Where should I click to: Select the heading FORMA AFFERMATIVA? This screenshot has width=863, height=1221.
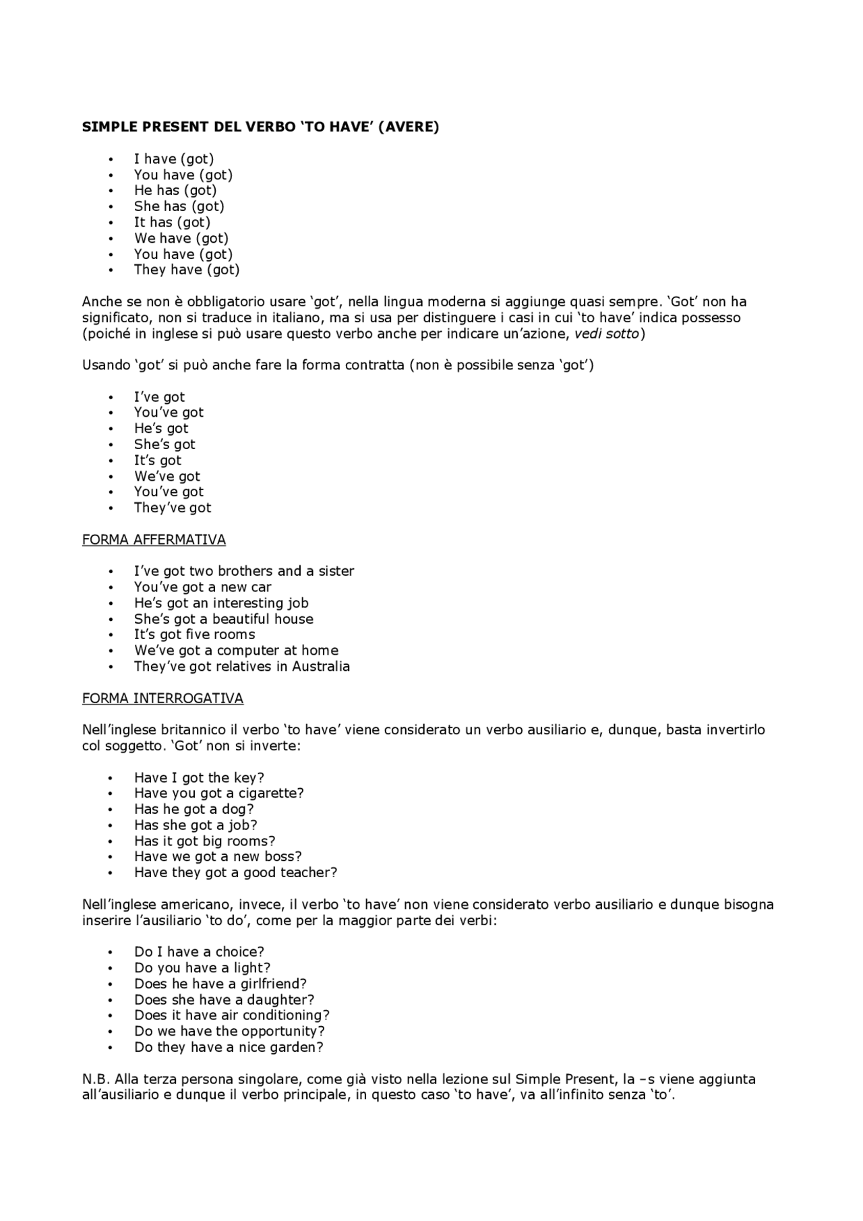[154, 540]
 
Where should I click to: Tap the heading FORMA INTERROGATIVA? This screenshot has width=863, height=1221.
[162, 698]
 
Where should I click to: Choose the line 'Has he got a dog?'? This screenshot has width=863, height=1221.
[194, 809]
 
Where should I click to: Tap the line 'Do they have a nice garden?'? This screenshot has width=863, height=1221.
[229, 1048]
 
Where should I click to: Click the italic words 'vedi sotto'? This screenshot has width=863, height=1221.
[606, 334]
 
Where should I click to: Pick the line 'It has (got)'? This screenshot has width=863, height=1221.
[172, 222]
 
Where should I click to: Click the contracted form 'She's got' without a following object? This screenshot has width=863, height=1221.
[165, 444]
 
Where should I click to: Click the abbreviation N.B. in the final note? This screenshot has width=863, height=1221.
[96, 1079]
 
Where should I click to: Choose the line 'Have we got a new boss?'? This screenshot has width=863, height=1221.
[218, 857]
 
